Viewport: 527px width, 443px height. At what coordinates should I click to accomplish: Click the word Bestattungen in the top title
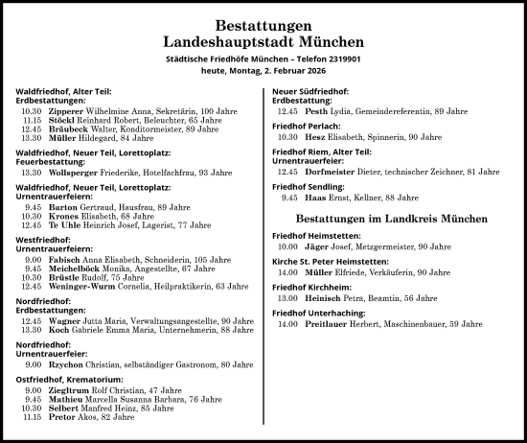pos(263,25)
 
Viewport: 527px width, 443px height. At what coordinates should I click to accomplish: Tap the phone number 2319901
pos(340,59)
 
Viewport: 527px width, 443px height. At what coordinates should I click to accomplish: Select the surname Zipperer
pos(65,110)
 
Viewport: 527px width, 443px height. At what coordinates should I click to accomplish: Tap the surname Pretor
pos(61,417)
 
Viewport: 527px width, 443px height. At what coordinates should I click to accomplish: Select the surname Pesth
pos(316,110)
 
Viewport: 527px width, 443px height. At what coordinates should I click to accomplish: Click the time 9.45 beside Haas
pos(289,198)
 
